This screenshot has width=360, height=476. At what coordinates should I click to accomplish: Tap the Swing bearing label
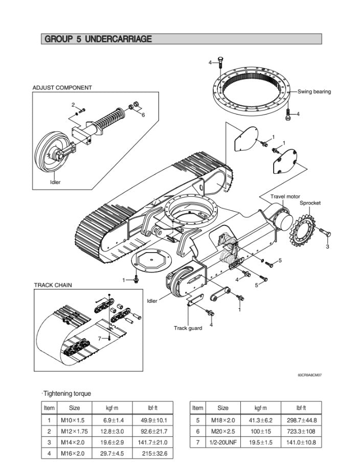(x=314, y=92)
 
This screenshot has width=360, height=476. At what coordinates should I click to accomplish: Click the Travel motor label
(x=285, y=196)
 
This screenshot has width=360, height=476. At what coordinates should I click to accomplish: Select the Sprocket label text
(x=310, y=203)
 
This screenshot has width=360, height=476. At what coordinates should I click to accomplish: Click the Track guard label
(x=188, y=328)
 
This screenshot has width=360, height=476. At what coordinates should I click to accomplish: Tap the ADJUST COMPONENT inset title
(x=62, y=87)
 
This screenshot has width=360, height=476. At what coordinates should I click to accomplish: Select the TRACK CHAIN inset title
(x=53, y=285)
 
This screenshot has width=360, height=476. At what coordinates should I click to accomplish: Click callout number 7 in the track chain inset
(x=99, y=338)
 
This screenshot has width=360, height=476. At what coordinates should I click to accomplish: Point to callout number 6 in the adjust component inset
(x=143, y=115)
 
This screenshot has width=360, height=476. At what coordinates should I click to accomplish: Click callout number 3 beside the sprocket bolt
(x=327, y=247)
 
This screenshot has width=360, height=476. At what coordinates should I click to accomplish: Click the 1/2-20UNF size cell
(x=223, y=442)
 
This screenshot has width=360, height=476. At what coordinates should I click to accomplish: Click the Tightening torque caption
(x=67, y=394)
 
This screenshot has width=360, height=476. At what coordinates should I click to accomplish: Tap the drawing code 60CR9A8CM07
(x=309, y=375)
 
